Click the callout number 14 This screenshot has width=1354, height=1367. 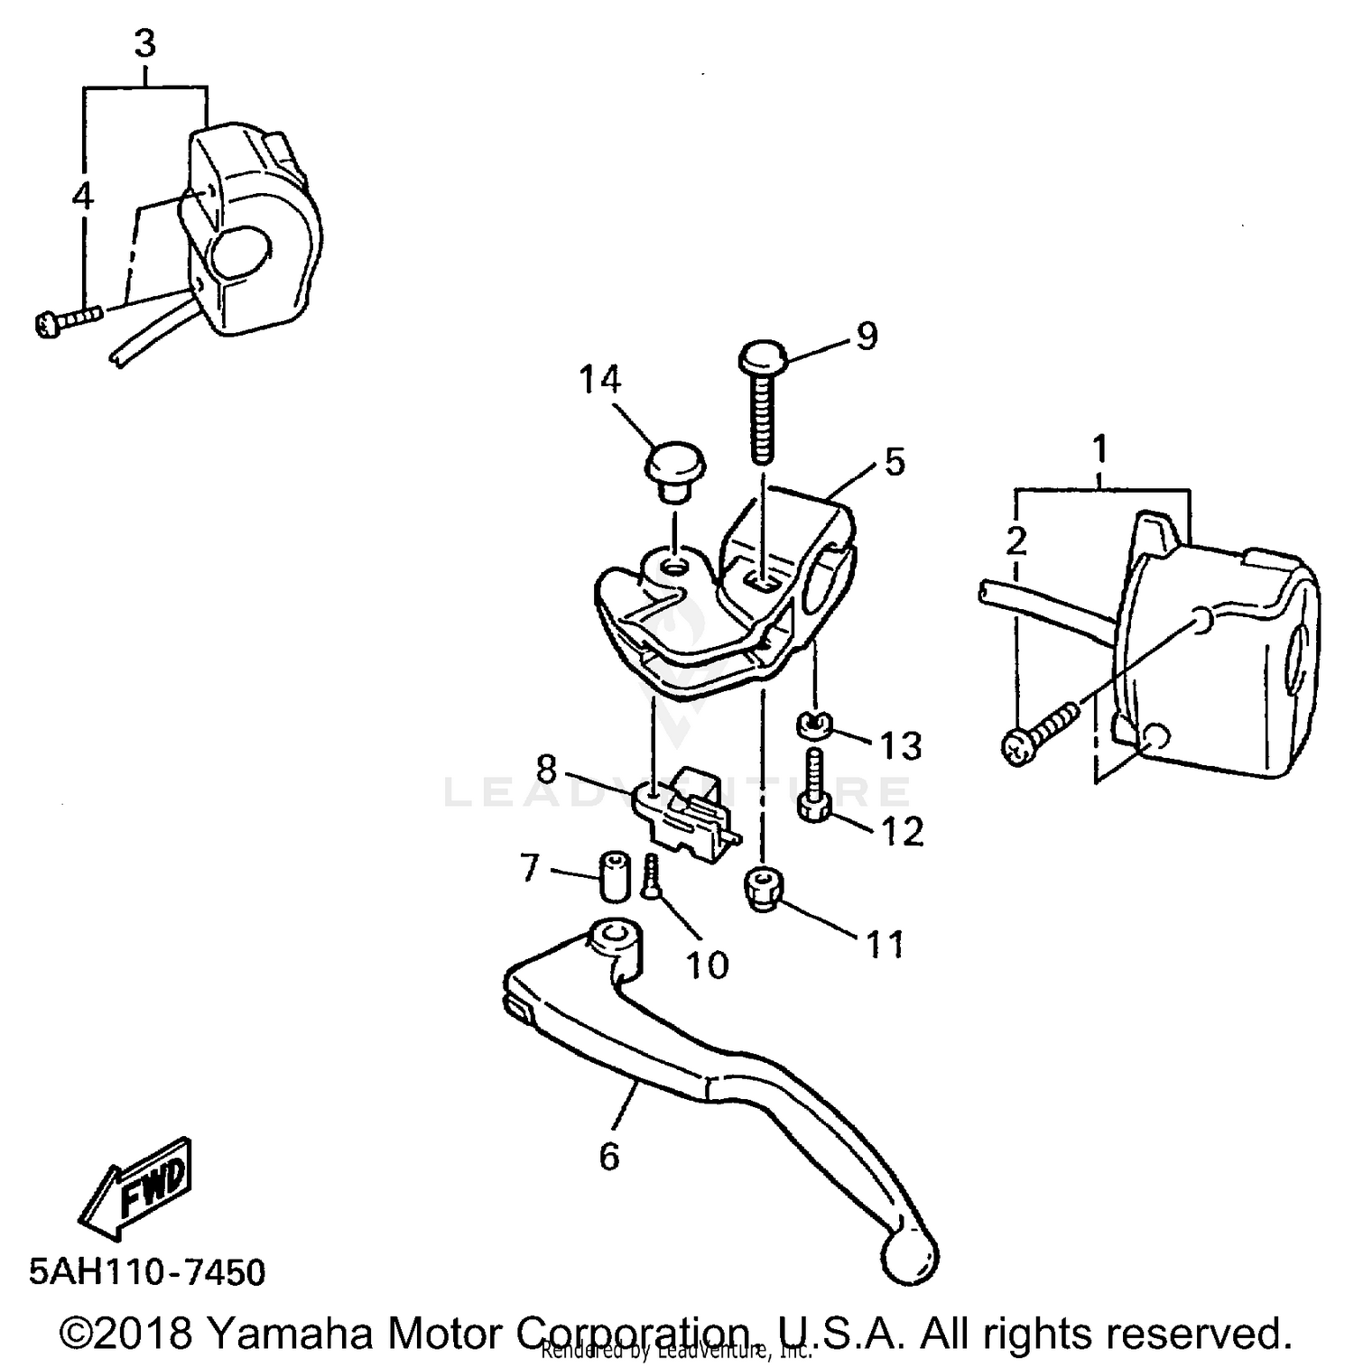pyautogui.click(x=600, y=381)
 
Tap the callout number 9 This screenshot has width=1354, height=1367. pyautogui.click(x=866, y=336)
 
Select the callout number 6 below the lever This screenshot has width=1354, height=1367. pyautogui.click(x=609, y=1155)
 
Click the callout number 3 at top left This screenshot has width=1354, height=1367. pyautogui.click(x=144, y=43)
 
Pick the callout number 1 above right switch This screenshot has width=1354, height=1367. pyautogui.click(x=1099, y=448)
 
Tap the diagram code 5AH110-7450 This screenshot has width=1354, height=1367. pyautogui.click(x=147, y=1272)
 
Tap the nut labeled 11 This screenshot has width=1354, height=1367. pyautogui.click(x=764, y=889)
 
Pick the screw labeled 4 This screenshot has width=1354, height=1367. pyautogui.click(x=68, y=319)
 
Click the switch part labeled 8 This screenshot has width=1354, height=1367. pyautogui.click(x=686, y=808)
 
